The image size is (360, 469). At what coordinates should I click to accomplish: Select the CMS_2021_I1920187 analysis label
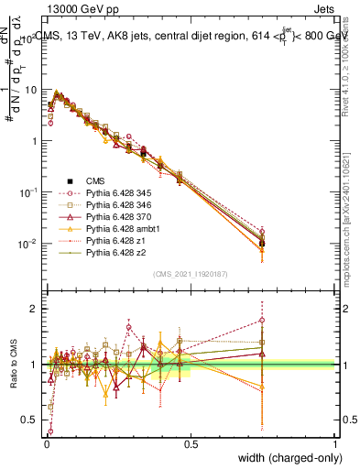pyautogui.click(x=191, y=275)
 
